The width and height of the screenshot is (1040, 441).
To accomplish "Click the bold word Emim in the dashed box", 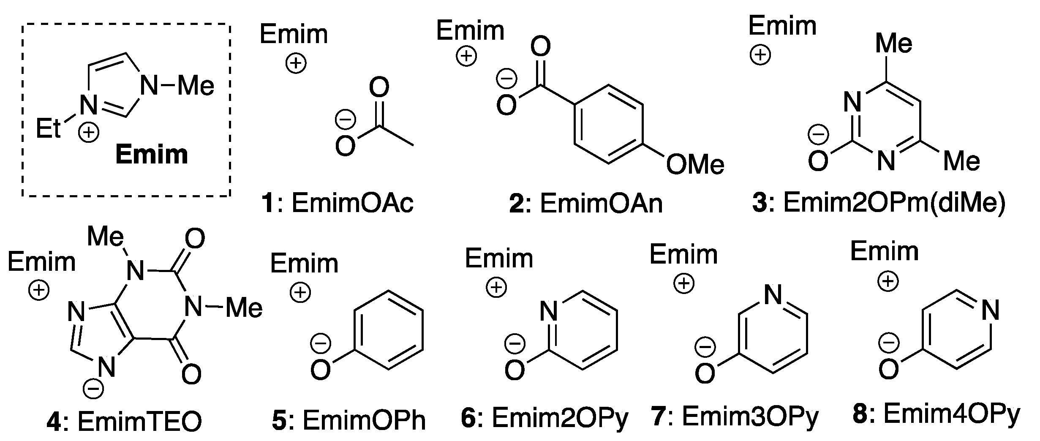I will [152, 155].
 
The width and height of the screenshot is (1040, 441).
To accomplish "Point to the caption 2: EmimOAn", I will [586, 204].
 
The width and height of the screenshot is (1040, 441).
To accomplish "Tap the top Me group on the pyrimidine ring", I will [893, 44].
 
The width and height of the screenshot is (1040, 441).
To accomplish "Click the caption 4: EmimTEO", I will [124, 422].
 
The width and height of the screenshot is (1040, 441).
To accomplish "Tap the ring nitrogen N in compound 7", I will [773, 295].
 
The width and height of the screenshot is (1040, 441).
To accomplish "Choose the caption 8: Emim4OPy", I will [936, 414].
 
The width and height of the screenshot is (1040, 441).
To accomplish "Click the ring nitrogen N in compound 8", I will [990, 311].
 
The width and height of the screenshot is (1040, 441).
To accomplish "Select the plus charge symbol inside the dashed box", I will [89, 133].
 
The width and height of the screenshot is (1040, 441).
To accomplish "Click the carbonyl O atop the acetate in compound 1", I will [378, 87].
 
